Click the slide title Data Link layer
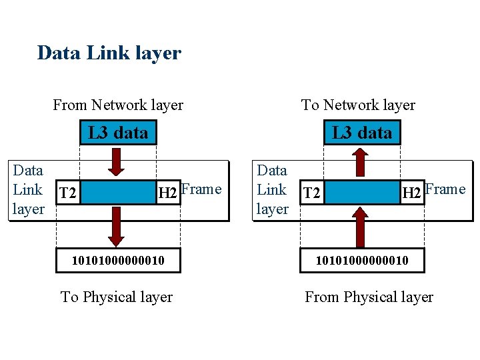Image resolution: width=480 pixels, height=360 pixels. click(109, 53)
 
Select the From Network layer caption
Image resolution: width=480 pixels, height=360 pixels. click(118, 105)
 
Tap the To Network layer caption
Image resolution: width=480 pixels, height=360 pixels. click(358, 105)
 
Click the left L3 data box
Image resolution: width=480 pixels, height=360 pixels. click(118, 133)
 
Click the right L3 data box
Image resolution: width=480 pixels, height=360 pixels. click(362, 133)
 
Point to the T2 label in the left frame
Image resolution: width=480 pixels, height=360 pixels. click(67, 194)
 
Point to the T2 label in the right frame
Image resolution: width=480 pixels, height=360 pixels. click(311, 194)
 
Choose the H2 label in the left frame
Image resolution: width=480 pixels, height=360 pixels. click(167, 194)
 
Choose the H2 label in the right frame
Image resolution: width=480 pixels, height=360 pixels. click(411, 194)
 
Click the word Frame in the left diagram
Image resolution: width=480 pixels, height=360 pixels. click(201, 189)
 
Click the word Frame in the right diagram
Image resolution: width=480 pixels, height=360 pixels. click(445, 189)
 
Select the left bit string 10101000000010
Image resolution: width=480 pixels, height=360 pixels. click(118, 259)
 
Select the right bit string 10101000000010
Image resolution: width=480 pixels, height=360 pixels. click(362, 259)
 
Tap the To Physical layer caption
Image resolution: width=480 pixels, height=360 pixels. click(117, 297)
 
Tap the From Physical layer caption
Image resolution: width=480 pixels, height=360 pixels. click(369, 297)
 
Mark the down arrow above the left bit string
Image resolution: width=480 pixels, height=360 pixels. click(117, 227)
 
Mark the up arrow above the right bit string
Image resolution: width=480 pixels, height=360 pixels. click(360, 227)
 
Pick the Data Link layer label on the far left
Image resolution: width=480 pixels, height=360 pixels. click(29, 190)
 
